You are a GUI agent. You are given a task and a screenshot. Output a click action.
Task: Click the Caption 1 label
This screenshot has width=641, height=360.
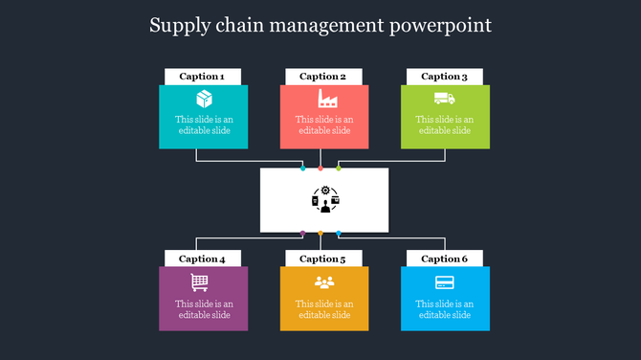tap(202, 77)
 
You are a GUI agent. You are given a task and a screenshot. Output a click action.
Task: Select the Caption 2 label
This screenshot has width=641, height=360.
tap(323, 77)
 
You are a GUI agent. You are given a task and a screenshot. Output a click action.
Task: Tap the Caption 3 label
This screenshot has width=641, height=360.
tap(445, 77)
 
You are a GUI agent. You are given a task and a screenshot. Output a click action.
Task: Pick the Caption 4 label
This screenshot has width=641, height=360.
tap(202, 259)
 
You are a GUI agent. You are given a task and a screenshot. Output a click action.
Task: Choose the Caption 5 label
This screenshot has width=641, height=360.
tap(323, 259)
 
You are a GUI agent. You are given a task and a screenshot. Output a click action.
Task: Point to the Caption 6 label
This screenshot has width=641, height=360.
tap(445, 259)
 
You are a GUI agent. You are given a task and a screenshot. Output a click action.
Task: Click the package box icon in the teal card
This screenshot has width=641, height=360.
tap(204, 99)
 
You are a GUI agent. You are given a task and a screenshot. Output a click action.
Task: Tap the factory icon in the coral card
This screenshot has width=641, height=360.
tap(324, 99)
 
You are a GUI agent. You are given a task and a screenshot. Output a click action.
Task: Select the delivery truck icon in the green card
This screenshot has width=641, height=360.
tap(445, 98)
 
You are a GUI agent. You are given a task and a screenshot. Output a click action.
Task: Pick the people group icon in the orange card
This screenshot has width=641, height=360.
tap(324, 281)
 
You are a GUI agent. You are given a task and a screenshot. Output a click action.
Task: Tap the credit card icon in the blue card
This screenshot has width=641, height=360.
tap(445, 281)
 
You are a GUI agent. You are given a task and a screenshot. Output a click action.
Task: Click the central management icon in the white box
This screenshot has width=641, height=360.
tap(325, 199)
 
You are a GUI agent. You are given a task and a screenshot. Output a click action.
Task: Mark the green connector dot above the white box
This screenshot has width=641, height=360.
tap(339, 168)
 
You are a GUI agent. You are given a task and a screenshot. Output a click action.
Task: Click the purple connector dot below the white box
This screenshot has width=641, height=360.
tap(303, 233)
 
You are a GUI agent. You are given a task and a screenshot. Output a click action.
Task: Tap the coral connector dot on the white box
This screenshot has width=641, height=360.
tap(320, 168)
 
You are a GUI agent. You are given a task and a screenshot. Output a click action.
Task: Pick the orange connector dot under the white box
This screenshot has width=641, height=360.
tap(320, 233)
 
